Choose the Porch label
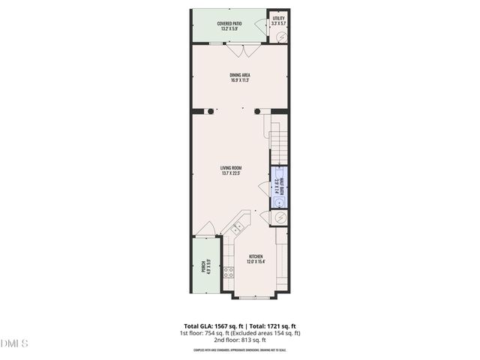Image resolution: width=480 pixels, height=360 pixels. tap(204, 265)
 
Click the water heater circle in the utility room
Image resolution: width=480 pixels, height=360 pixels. tap(283, 37)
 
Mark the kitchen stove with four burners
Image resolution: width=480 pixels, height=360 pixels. tap(226, 271)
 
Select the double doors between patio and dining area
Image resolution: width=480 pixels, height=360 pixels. tap(244, 49)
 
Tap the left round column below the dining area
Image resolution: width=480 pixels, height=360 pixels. tap(211, 112)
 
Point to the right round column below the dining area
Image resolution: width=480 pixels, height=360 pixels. tap(257, 112)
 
